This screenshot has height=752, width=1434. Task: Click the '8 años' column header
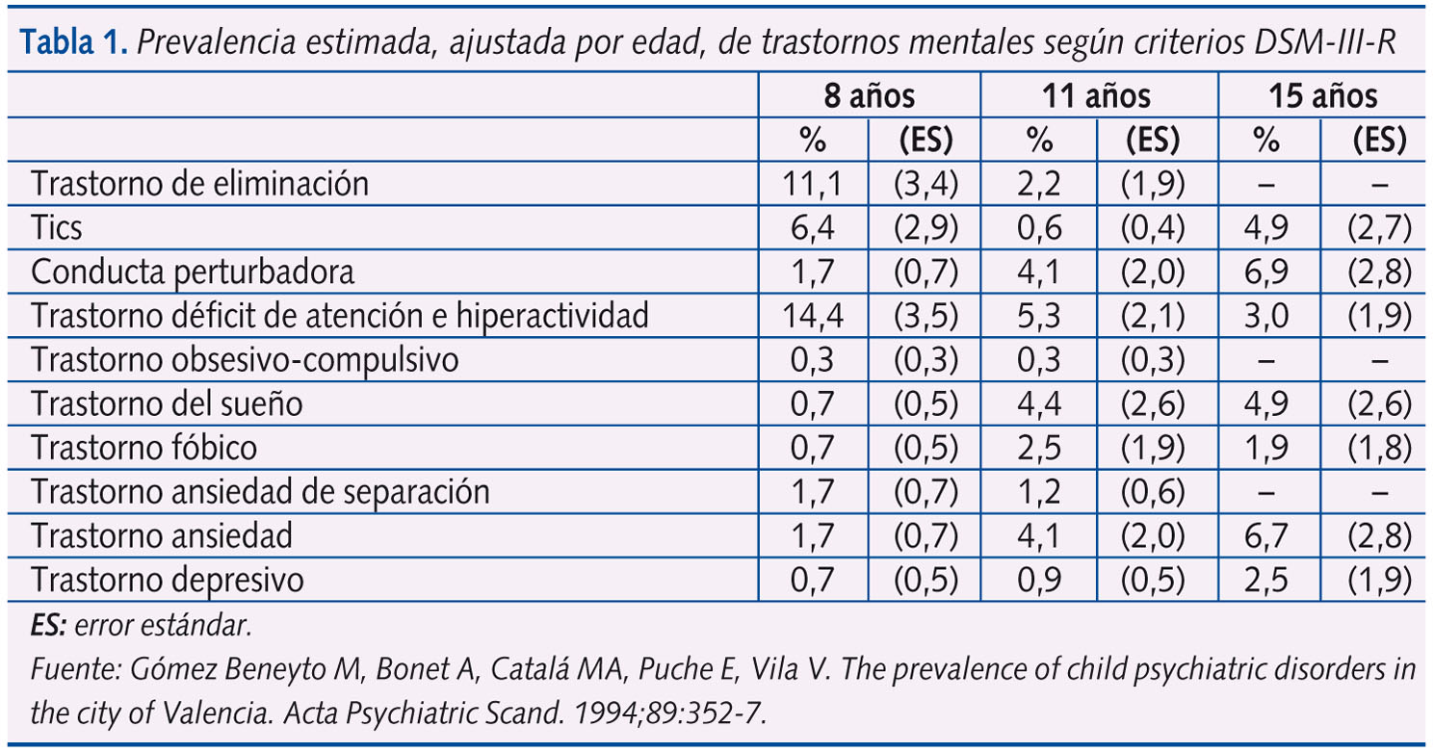click(x=869, y=96)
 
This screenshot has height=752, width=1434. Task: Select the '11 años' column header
click(x=1097, y=96)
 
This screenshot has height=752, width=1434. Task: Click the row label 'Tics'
click(x=57, y=228)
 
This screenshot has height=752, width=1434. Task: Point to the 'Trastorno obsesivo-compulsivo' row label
click(x=246, y=360)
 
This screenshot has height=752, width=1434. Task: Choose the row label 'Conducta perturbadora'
click(x=193, y=272)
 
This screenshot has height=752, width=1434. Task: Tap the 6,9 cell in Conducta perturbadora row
click(x=1267, y=272)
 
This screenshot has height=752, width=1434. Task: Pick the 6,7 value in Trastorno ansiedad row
click(x=1267, y=536)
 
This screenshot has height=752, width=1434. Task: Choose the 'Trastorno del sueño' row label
click(x=167, y=404)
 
